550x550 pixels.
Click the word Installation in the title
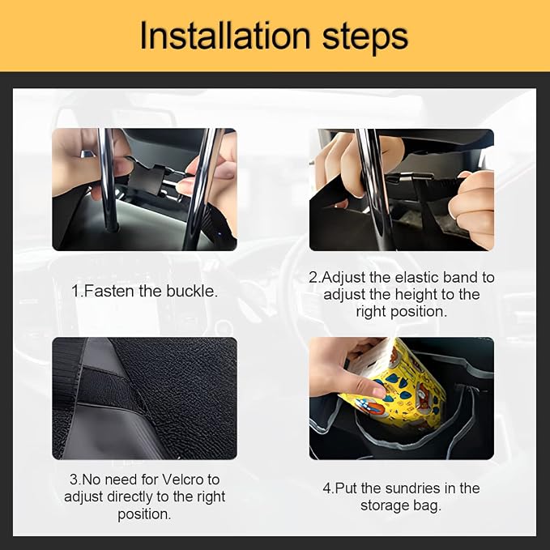pos(225,36)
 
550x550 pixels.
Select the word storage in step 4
pos(385,506)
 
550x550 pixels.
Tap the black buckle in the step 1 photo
pos(147,179)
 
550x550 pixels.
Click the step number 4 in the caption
pos(326,488)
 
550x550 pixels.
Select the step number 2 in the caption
pos(313,278)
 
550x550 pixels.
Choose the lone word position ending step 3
pos(144,514)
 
